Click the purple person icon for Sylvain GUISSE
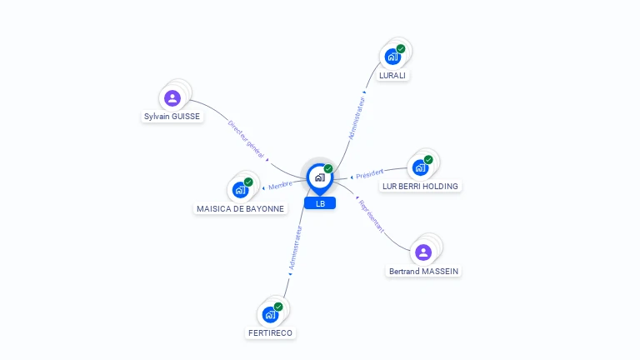click(x=172, y=98)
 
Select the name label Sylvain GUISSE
click(x=172, y=117)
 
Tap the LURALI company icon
click(x=392, y=57)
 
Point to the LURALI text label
click(x=393, y=75)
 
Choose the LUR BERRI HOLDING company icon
click(x=420, y=167)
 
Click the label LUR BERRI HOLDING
click(x=420, y=186)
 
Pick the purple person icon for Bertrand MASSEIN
click(x=423, y=252)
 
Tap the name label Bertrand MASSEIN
click(x=423, y=271)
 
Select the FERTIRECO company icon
click(x=270, y=314)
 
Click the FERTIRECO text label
click(x=271, y=332)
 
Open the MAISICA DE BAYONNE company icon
click(x=240, y=189)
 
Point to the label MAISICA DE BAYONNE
click(x=240, y=208)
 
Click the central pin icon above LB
click(x=319, y=177)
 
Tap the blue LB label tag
click(x=320, y=203)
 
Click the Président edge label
click(x=369, y=174)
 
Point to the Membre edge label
click(x=280, y=185)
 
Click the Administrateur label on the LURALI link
click(x=357, y=117)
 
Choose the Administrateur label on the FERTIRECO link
click(x=294, y=248)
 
